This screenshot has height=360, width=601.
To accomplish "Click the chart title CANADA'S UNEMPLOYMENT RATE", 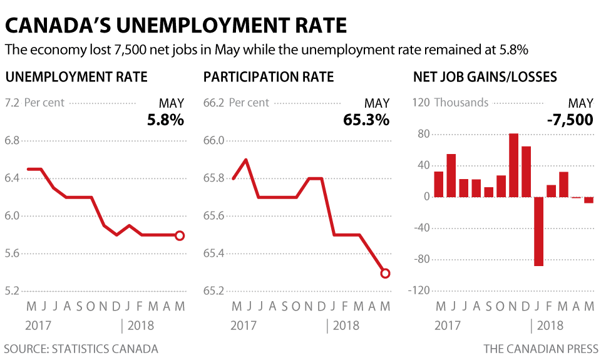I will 176,25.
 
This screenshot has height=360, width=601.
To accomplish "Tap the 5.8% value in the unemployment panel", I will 165,119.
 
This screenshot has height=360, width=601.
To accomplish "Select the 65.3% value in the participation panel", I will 366,119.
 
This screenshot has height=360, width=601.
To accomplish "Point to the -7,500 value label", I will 569,119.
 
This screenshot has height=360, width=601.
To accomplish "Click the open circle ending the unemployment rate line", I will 180,235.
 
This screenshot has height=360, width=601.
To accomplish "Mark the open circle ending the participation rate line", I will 385,273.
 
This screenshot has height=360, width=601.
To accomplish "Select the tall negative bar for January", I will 538,231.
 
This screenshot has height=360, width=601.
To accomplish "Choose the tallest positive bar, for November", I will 514,165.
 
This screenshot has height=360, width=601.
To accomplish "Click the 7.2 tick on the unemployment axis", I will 13,102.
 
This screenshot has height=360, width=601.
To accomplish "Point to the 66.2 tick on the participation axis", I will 214,102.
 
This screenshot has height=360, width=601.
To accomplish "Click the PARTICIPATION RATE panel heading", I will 269,78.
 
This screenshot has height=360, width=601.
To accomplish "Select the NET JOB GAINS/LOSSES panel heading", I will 485,78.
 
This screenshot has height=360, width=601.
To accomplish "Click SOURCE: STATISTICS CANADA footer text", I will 81,349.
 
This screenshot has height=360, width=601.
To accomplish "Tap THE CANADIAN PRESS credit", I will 540,349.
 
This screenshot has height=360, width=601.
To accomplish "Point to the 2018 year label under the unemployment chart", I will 141,326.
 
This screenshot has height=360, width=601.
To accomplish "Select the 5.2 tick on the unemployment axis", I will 13,291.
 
